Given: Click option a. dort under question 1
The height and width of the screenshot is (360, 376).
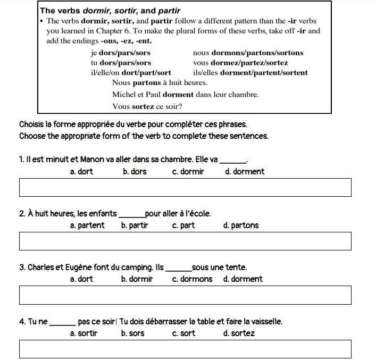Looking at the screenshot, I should pos(81,172).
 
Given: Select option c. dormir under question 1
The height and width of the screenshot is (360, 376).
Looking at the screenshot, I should pos(188,172).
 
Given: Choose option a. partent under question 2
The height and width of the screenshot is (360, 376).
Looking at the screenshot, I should pos(87,225).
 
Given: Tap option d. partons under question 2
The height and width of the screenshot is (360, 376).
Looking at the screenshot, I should pos(241,225).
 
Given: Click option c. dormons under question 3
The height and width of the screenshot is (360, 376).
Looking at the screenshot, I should pos(192,279).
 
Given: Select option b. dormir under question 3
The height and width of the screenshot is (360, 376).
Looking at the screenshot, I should pos(137,279).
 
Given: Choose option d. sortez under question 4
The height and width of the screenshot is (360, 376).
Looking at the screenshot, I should pos(239,333).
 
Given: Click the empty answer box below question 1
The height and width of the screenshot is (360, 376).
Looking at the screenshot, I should pos(185,187).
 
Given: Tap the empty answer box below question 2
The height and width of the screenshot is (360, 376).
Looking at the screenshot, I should pos(185,241).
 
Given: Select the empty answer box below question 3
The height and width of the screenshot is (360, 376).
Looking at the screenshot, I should pos(185,295).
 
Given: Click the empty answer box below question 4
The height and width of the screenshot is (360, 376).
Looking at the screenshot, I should pos(185,349).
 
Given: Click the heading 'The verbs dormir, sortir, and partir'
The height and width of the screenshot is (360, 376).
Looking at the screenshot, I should pos(110,11).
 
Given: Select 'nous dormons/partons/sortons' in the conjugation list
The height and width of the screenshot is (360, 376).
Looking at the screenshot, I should pos(248,53).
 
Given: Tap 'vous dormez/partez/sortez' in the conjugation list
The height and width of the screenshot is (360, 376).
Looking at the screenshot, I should pos(240,63).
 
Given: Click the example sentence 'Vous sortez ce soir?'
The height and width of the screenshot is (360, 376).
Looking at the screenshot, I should pos(147,106).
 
